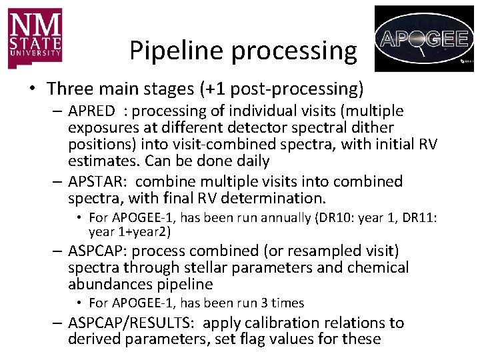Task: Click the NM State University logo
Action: pos(35,38)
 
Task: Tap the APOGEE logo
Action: pos(425,38)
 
